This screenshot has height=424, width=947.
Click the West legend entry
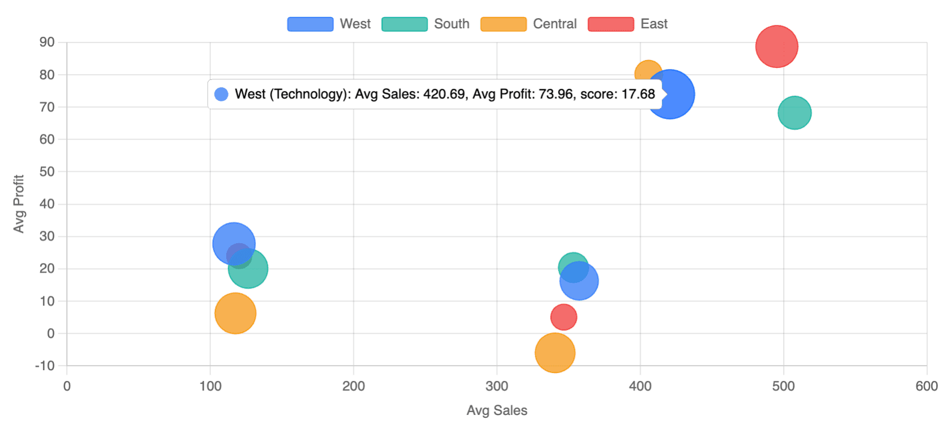[329, 24]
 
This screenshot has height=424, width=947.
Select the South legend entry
[425, 24]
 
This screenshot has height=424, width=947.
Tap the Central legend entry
[529, 24]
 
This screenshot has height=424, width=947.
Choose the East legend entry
[628, 24]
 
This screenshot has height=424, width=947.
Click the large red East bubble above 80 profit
[776, 46]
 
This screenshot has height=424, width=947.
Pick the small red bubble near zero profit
[563, 317]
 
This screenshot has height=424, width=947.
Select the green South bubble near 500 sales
[794, 113]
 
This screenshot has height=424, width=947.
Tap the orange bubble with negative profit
[555, 353]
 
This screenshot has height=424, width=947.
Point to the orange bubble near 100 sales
[235, 313]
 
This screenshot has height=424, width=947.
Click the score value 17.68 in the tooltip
[638, 94]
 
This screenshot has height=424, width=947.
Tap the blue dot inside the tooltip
[222, 94]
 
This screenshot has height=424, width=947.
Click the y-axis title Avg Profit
[19, 203]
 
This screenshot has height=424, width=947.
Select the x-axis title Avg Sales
[497, 410]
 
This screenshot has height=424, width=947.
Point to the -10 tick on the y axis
[45, 366]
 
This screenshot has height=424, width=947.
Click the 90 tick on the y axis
[47, 42]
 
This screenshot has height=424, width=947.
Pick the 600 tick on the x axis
[927, 386]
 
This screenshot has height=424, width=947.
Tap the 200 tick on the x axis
[353, 386]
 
